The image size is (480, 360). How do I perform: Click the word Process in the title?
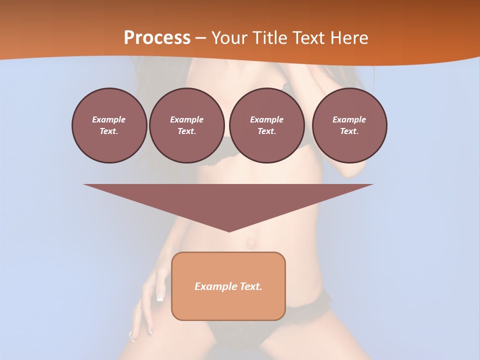pos(157,38)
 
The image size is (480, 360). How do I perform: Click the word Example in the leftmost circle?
pos(109,119)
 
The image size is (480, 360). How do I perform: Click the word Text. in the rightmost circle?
pos(349,131)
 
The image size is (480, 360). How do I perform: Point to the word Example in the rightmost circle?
pos(349,119)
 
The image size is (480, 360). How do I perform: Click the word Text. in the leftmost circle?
pos(109,131)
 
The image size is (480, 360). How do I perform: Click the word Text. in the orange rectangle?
pos(250,286)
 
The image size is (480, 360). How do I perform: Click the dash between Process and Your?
pos(200,38)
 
